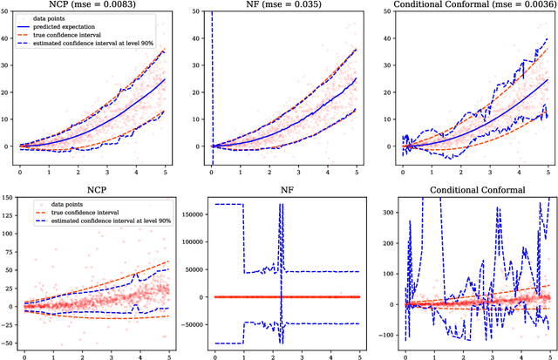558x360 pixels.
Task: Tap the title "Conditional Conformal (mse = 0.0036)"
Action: (x=463, y=7)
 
